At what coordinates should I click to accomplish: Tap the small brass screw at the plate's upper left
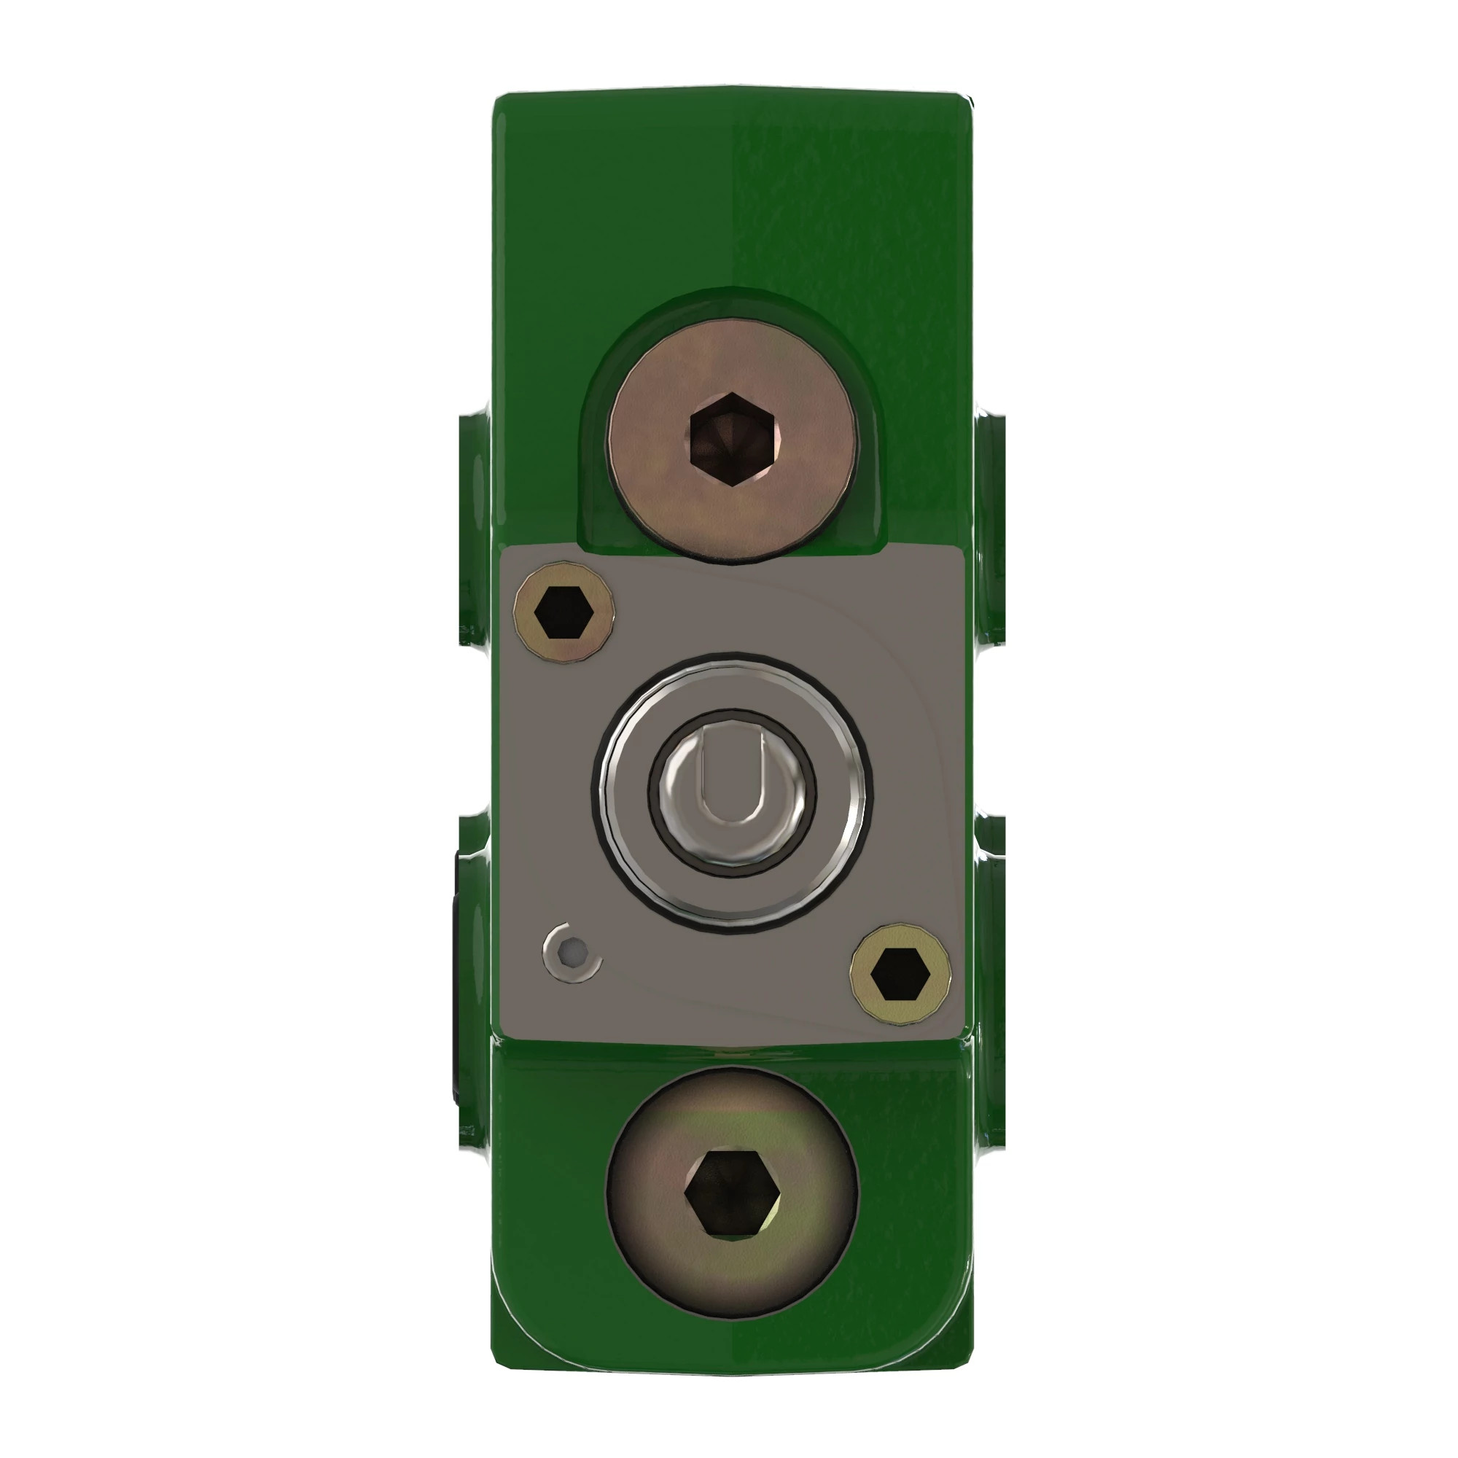tap(563, 613)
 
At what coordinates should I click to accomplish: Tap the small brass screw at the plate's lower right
tap(900, 974)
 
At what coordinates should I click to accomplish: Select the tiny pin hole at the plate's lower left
tap(573, 953)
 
